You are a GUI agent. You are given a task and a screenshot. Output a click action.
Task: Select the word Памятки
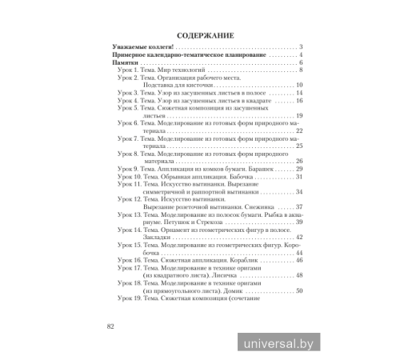[126, 62]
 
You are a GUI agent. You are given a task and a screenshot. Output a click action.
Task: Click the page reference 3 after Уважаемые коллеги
[298, 48]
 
